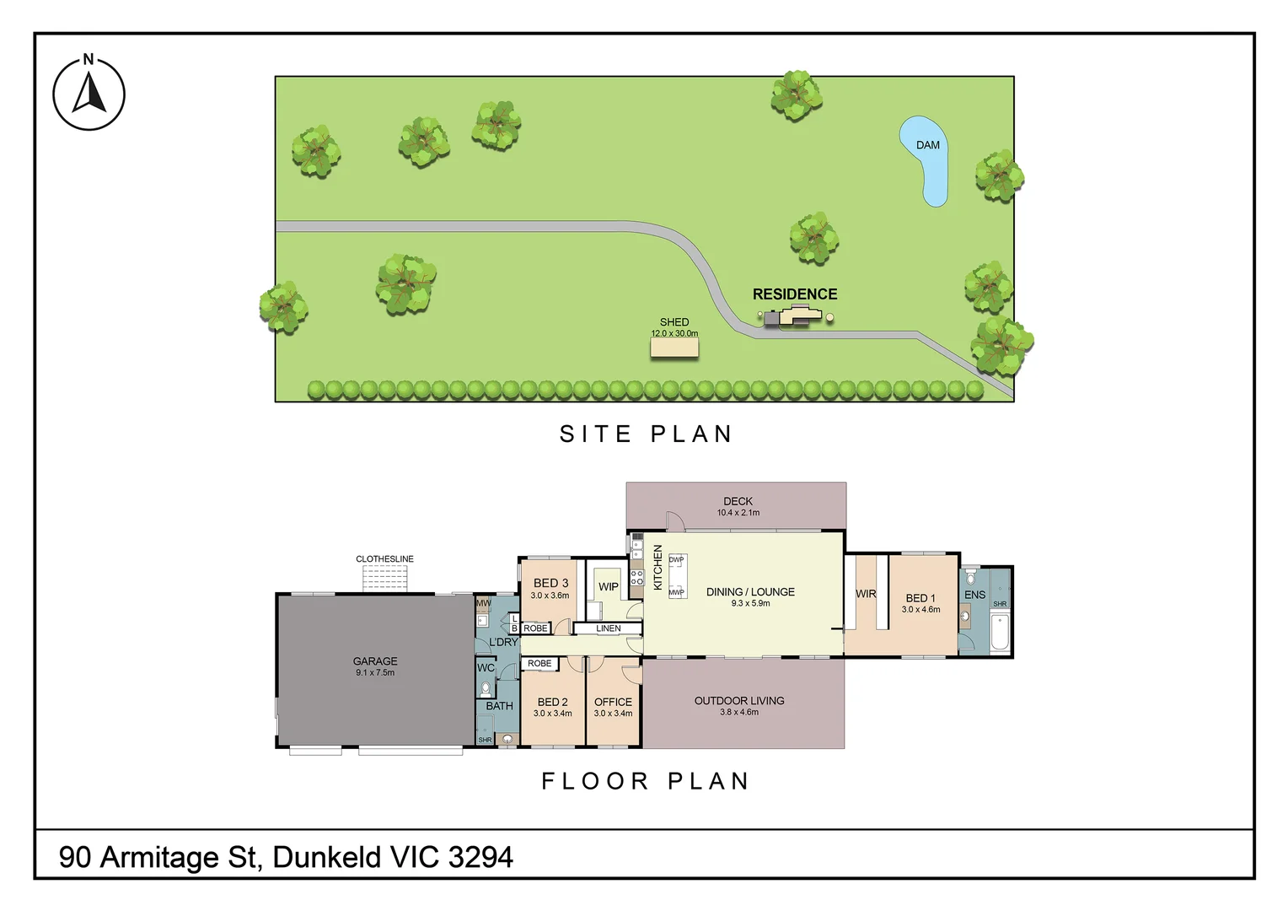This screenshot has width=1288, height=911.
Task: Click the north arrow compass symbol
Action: click(89, 94)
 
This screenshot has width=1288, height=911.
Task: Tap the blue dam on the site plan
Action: click(926, 160)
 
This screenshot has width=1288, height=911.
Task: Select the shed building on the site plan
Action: click(674, 348)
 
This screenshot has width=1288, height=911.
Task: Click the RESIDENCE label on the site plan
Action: click(795, 294)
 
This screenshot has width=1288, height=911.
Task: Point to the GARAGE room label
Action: click(375, 661)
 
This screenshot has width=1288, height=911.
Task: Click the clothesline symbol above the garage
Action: click(385, 579)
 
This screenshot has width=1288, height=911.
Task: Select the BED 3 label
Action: click(550, 583)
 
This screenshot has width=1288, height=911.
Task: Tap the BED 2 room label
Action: click(552, 702)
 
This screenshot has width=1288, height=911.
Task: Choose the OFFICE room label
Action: click(613, 702)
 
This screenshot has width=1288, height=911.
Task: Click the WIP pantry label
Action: click(608, 586)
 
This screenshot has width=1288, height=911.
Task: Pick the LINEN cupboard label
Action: click(608, 628)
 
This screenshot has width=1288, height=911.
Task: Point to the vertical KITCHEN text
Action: click(658, 567)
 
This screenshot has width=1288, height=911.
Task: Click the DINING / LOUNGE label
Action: click(750, 592)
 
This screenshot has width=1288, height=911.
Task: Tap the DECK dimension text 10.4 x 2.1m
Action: click(738, 513)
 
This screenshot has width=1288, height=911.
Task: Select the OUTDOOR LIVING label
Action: click(739, 701)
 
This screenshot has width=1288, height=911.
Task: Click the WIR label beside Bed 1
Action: click(866, 594)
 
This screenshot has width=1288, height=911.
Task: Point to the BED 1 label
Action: click(920, 598)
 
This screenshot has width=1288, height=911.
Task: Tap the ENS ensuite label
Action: click(974, 595)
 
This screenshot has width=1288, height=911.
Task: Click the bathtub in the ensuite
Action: click(1000, 633)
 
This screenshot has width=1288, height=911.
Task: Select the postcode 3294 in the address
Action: click(480, 857)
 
